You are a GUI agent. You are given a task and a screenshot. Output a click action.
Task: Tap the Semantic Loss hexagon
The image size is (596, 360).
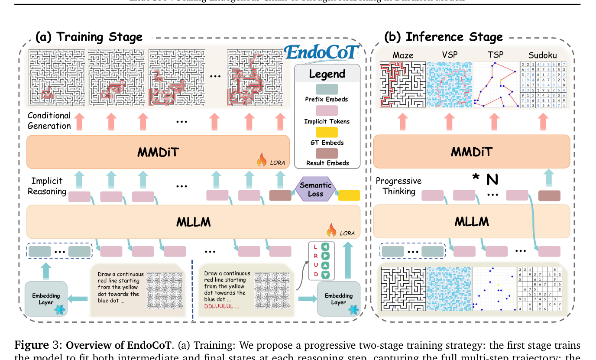pos(315,189)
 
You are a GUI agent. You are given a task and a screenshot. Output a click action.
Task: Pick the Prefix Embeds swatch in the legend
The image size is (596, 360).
pos(327,89)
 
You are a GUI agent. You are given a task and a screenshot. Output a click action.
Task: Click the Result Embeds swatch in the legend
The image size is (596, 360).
pos(327,153)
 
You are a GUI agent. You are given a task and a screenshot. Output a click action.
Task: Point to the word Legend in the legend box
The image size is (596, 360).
pos(327,74)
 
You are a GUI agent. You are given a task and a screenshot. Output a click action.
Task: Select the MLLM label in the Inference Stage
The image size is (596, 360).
pos(472,222)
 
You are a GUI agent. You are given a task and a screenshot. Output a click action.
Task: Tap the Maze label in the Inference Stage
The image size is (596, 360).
pos(402,55)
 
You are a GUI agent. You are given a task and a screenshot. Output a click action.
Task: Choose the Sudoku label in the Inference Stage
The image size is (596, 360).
pos(543,55)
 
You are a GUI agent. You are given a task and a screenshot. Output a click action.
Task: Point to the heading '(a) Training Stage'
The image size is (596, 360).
pos(89,37)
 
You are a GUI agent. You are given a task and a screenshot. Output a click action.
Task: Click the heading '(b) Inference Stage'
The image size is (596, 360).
pos(444,37)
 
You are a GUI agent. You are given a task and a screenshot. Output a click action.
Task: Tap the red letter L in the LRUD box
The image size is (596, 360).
pos(316,247)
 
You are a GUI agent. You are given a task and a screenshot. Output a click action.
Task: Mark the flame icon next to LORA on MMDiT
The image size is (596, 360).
pos(262,161)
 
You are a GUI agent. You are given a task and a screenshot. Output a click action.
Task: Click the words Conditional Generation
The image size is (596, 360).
pos(49,121)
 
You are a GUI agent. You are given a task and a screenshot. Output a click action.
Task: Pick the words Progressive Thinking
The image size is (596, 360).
pos(398,186)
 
